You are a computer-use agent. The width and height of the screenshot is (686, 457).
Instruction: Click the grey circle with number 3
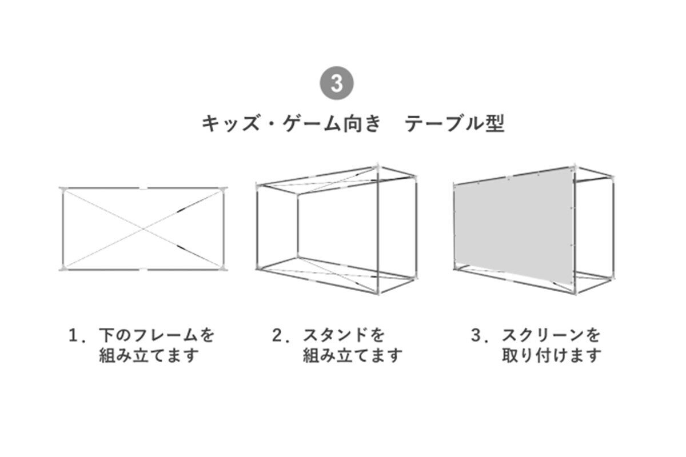(x=337, y=83)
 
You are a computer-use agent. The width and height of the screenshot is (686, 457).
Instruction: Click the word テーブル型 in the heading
(x=455, y=124)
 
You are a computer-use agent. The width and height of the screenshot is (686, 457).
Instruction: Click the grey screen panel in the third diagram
(x=512, y=226)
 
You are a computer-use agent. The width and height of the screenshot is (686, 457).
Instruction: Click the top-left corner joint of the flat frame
(x=62, y=189)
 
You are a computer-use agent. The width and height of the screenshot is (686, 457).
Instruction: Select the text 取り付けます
(x=552, y=355)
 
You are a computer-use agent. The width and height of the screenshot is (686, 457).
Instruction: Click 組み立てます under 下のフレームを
(x=149, y=355)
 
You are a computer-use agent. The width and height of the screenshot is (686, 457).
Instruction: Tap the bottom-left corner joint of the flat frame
(x=62, y=268)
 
